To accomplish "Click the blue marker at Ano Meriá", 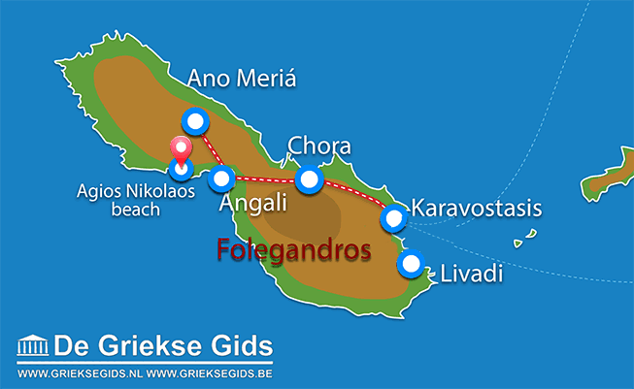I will click(x=196, y=122).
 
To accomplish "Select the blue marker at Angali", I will click(x=222, y=178).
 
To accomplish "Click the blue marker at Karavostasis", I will click(x=393, y=216).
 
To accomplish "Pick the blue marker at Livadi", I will click(x=412, y=264).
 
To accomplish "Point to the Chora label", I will click(x=318, y=146).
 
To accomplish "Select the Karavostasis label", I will click(x=476, y=208).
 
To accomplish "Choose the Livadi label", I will click(x=471, y=274).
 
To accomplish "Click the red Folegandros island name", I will click(x=293, y=250).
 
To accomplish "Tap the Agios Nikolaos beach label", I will click(x=136, y=200).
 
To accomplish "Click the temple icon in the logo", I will click(x=33, y=346).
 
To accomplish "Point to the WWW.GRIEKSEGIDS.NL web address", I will click(x=83, y=373).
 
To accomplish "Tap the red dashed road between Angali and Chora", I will click(x=265, y=178).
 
